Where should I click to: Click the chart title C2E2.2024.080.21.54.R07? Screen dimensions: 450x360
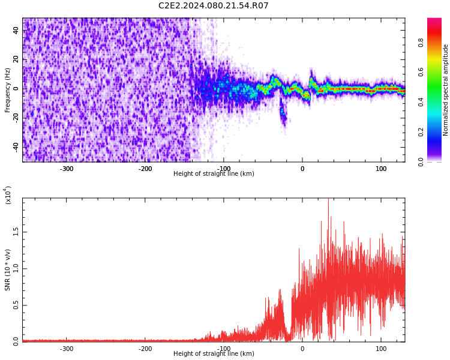tap(213, 5)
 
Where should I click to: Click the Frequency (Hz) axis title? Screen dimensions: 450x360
tap(7, 90)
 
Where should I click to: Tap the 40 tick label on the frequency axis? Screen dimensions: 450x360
tap(16, 30)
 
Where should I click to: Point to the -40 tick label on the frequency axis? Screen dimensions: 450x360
tap(16, 147)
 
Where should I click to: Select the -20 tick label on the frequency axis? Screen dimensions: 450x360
tap(16, 118)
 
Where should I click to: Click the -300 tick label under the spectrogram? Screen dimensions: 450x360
tap(66, 169)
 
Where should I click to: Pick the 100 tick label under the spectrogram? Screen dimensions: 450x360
tap(381, 169)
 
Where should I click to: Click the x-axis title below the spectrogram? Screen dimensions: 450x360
tap(214, 173)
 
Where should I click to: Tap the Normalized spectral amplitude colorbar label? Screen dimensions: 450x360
tap(445, 90)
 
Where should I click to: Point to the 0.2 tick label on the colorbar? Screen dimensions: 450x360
tap(421, 132)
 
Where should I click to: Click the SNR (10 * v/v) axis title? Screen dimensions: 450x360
tap(7, 270)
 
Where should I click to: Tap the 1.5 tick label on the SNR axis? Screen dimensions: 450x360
tap(16, 232)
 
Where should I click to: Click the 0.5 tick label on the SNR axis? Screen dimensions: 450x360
tap(16, 305)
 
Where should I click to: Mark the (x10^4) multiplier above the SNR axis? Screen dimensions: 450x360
tap(8, 195)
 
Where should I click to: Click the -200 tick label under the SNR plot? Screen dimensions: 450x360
tap(145, 349)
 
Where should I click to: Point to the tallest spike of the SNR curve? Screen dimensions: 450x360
tap(328, 199)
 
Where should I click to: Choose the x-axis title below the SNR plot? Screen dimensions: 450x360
tap(214, 353)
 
